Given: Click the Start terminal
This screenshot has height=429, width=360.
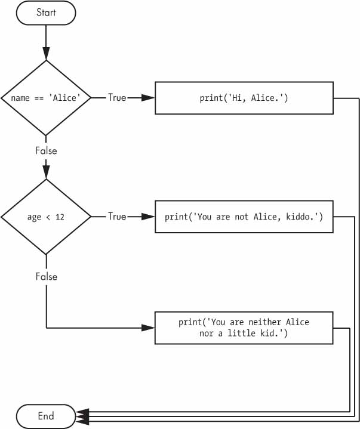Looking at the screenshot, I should coord(46,13).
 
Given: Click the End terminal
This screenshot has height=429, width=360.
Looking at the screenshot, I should coord(46,416).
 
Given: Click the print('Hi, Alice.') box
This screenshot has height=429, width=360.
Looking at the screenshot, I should coord(244,97).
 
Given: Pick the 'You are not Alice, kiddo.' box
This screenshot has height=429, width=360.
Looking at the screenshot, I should coord(244,217).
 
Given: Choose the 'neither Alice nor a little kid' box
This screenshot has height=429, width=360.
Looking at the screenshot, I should coord(244,327).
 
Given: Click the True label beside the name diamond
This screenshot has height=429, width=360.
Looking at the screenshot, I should coord(116,97).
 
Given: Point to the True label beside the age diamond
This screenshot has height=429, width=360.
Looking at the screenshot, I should coord(116,217).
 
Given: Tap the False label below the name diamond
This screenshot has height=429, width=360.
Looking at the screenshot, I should coord(46,151).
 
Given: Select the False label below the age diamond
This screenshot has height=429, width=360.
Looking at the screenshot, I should coord(46,276).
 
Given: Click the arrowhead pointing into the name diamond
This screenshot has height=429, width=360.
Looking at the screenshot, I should coord(46,54).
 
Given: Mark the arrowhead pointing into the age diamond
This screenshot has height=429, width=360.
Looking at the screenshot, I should coord(46,174).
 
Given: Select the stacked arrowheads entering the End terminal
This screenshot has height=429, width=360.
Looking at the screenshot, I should coord(82,416).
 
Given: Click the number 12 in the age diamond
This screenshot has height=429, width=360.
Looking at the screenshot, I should coord(60,217).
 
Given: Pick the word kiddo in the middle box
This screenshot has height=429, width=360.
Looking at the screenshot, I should coord(304,217).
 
